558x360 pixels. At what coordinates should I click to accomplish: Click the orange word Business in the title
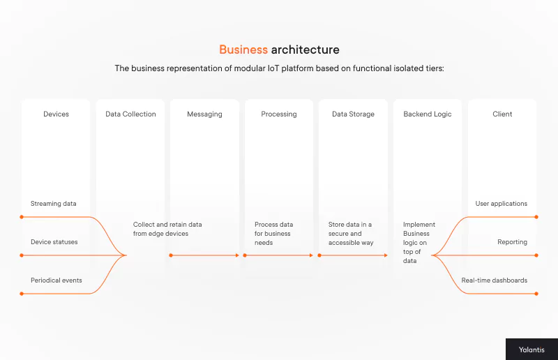pos(243,50)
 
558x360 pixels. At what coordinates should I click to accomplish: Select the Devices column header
pos(56,114)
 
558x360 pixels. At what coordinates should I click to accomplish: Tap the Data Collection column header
pos(130,114)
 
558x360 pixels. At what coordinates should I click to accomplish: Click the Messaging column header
pos(204,114)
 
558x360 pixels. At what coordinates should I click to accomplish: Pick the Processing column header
pos(279,114)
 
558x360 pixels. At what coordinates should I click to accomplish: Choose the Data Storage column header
pos(353,114)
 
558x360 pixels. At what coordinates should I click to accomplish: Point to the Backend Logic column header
pos(428,114)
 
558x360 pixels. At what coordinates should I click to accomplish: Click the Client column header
pos(502,114)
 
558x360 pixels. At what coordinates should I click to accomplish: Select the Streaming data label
pos(54,204)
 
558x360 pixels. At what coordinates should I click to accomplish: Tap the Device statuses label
pos(54,242)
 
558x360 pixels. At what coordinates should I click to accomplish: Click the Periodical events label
pos(56,280)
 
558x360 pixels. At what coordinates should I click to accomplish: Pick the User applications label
pos(502,204)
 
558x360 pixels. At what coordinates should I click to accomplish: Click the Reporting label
pos(512,242)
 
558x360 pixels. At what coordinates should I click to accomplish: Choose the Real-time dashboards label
pos(495,280)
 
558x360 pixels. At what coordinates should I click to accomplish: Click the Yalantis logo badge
pos(531,350)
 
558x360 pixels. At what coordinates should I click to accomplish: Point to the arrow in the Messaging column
pos(204,255)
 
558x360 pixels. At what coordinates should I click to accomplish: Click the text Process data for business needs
pos(274,234)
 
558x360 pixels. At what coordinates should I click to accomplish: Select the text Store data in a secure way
pos(351,234)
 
